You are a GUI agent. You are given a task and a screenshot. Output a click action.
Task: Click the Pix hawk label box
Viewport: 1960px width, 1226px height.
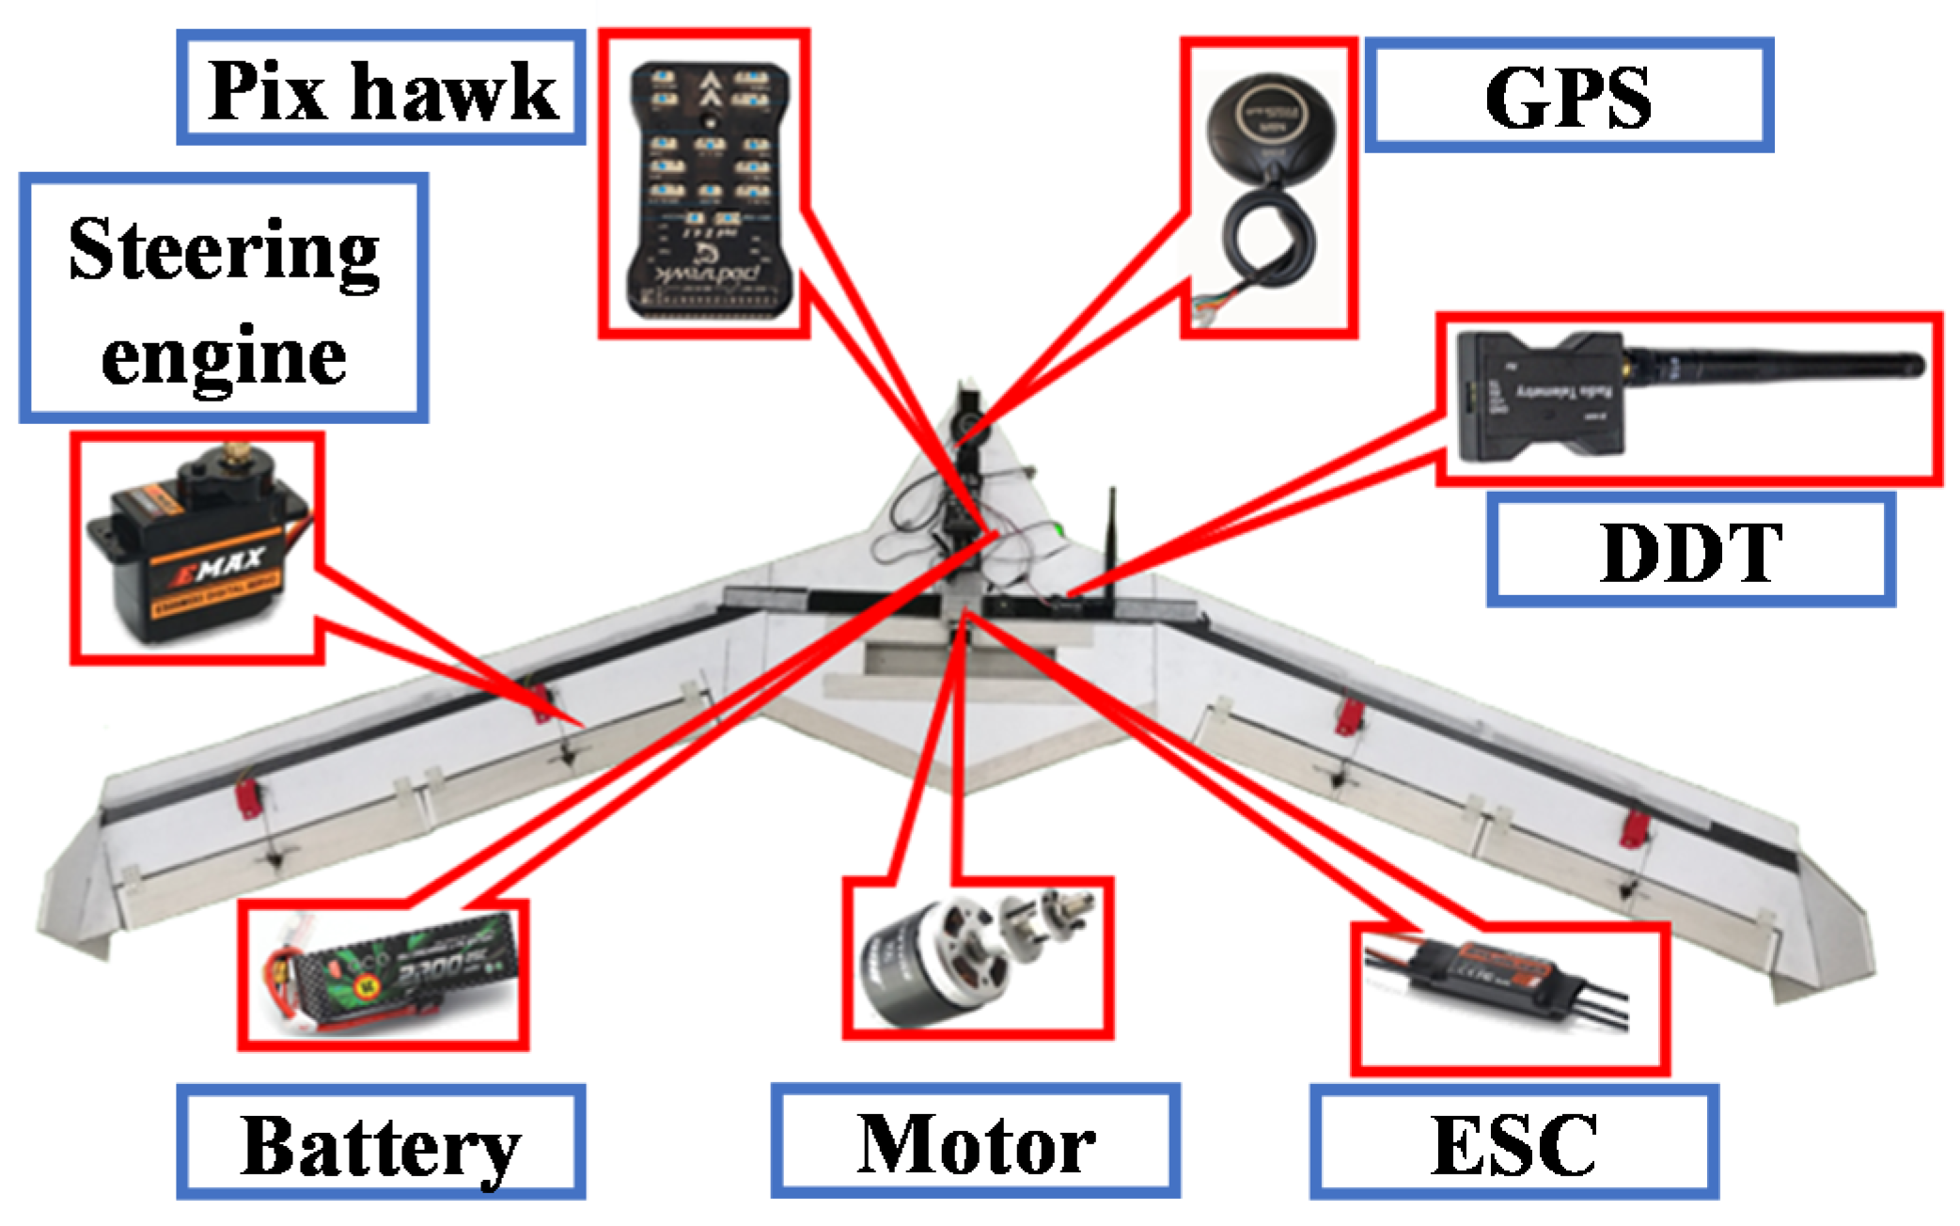[x=381, y=89]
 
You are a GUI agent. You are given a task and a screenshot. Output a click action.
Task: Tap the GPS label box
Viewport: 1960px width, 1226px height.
[x=1568, y=96]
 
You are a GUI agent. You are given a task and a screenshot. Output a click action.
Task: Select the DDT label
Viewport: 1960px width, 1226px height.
[x=1689, y=552]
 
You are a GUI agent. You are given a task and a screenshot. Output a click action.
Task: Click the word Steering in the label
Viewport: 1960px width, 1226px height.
[x=224, y=251]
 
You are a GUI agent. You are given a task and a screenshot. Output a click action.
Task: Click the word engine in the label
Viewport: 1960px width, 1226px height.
[x=224, y=357]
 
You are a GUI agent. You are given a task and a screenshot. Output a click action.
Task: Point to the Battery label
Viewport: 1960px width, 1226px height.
[x=381, y=1142]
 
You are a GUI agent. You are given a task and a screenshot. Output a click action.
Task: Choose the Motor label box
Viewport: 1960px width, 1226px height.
[x=975, y=1141]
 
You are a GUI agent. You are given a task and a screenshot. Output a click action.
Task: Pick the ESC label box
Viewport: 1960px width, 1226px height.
[x=1513, y=1143]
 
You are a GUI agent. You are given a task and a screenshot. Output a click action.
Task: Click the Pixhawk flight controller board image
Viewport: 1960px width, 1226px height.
[x=710, y=188]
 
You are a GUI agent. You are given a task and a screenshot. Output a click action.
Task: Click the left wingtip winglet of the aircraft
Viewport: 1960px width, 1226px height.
[x=75, y=893]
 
